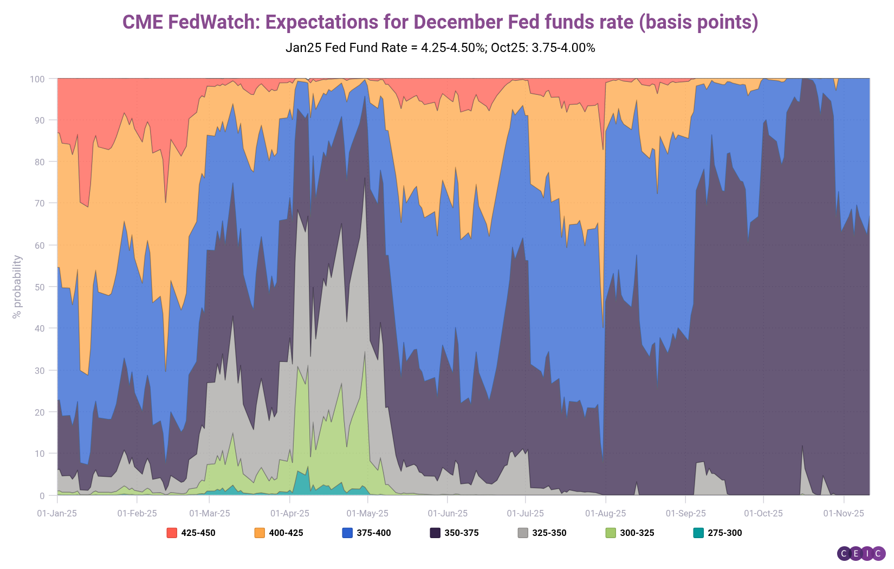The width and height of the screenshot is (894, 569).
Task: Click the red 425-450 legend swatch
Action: coord(172,533)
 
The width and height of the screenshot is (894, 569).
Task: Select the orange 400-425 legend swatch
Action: coord(260,533)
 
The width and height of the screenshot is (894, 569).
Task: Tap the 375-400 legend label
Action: coord(373,533)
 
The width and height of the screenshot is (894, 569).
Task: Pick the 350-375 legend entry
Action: coord(461,533)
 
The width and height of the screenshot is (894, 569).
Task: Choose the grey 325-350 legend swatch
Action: coord(523,533)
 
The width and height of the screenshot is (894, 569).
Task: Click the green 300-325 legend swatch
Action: coord(611,533)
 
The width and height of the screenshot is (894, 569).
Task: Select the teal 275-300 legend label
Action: coord(724,533)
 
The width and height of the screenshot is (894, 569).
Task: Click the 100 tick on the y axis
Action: coord(37,79)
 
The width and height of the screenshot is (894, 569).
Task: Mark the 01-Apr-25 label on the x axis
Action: coord(290,513)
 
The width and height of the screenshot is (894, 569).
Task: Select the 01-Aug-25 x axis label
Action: coord(605,513)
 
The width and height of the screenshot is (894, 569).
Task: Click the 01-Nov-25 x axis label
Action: coord(844,513)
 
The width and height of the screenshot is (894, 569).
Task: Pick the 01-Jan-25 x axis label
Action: coord(57,513)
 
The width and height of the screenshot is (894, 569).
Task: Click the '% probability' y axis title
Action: coord(17,287)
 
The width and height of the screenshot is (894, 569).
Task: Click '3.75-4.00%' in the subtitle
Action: coord(563,48)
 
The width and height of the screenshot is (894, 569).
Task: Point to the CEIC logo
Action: coord(861,553)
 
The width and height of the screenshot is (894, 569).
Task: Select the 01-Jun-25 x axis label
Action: coord(448,513)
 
